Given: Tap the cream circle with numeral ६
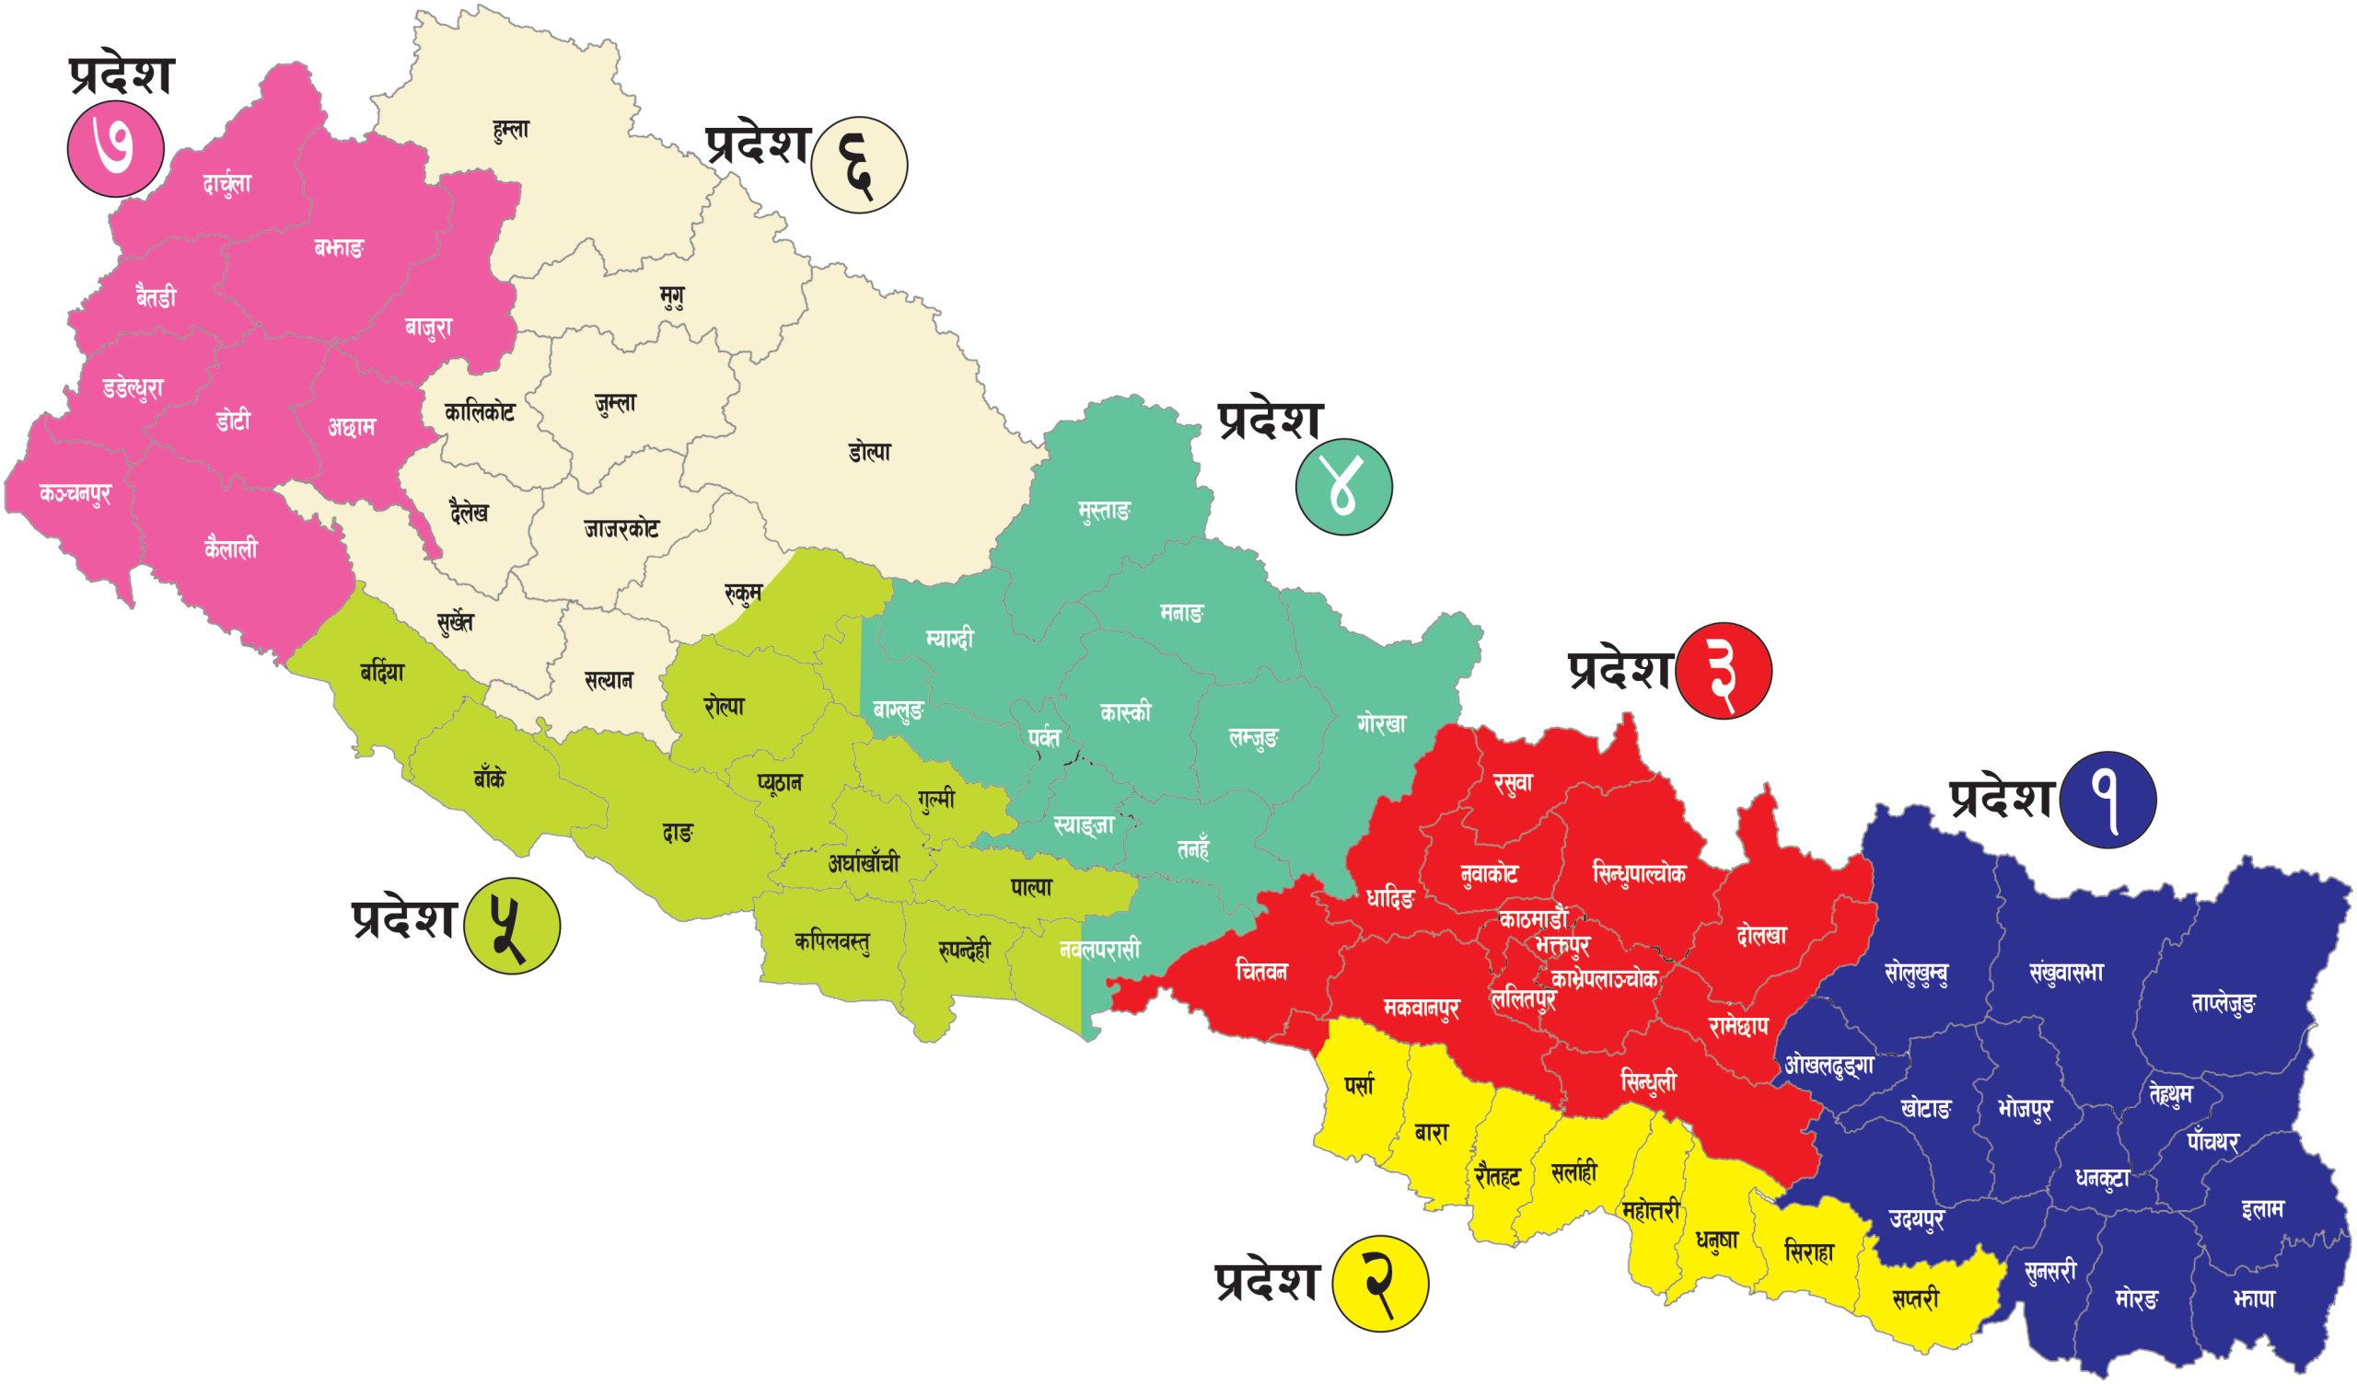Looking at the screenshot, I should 859,167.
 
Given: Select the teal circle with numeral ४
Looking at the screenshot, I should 1343,488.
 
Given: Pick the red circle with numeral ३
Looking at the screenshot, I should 1724,672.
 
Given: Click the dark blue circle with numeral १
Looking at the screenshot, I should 2108,801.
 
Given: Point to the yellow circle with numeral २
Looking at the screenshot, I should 1380,1284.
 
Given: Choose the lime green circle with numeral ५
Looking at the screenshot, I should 512,925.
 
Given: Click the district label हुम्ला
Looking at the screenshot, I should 511,130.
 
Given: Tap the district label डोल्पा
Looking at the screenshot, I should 870,453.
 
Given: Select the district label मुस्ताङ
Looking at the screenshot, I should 1104,512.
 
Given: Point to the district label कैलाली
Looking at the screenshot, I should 230,548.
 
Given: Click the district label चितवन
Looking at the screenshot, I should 1260,971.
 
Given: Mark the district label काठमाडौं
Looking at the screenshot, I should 1532,918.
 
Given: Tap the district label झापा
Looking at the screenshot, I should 2252,1299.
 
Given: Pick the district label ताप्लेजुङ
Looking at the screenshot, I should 2223,1003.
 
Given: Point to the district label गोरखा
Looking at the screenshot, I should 1380,724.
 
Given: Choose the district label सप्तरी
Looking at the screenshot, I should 1914,1298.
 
